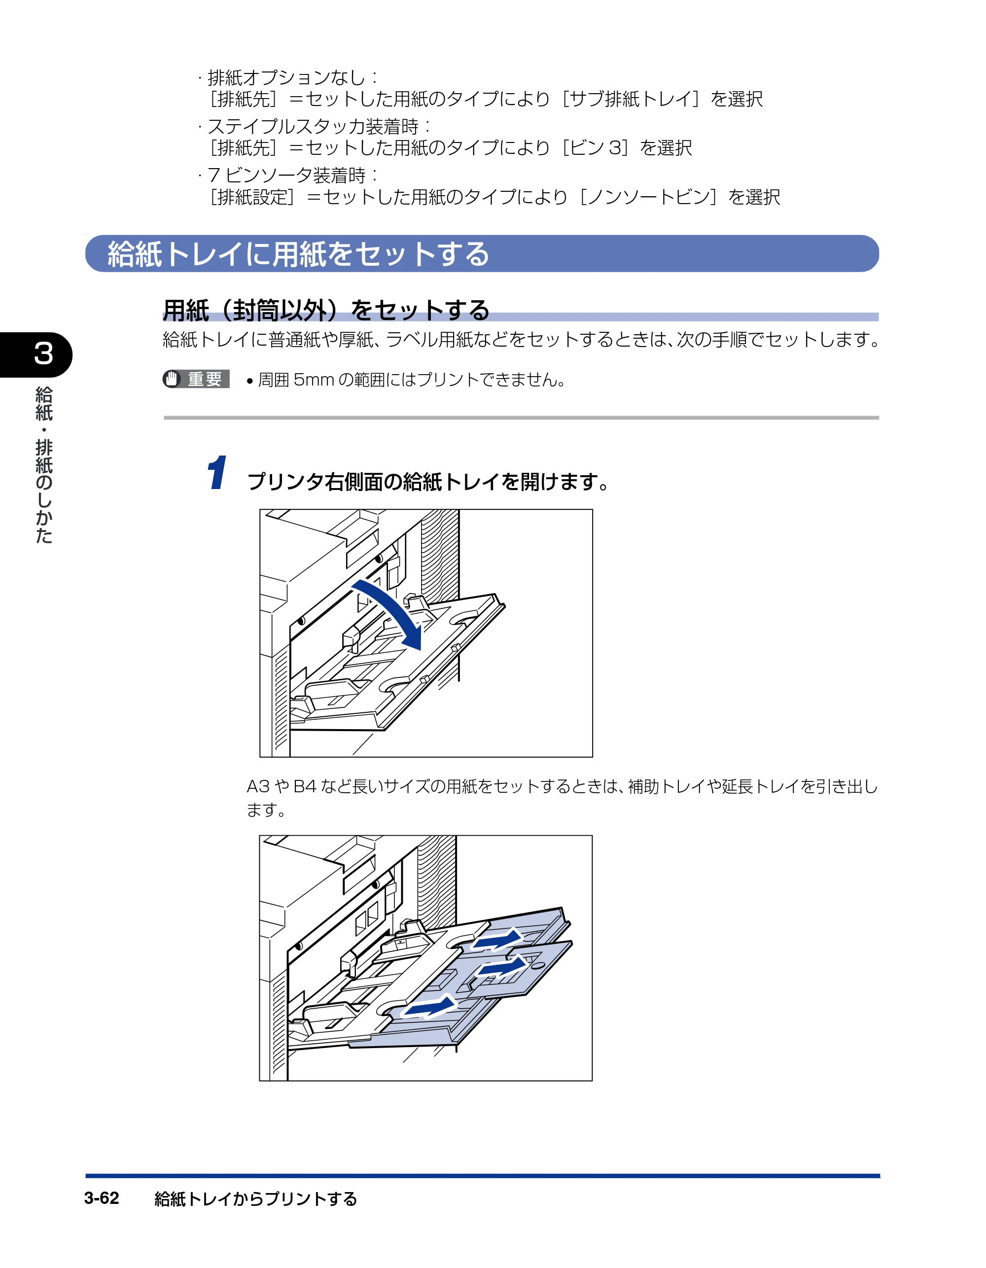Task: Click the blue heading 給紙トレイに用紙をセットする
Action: [x=298, y=254]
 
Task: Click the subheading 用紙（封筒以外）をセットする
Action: [x=326, y=310]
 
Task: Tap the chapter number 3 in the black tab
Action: [x=43, y=353]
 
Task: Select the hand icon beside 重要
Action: [x=171, y=379]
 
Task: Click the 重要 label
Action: [x=205, y=379]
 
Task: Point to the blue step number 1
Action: [x=217, y=473]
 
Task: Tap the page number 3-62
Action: [x=102, y=1198]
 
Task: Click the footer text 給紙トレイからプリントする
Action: [x=255, y=1198]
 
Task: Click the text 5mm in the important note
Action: [x=314, y=380]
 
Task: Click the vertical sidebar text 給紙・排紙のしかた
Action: [x=44, y=464]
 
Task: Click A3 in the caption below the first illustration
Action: [x=258, y=786]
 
